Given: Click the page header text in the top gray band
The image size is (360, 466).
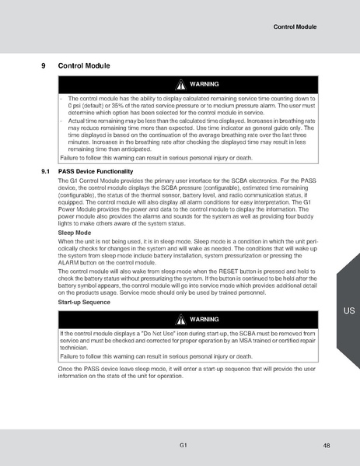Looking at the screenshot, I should tap(296, 27).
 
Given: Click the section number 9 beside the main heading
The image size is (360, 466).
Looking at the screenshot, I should tap(44, 66).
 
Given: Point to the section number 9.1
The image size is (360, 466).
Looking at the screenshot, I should tap(45, 170).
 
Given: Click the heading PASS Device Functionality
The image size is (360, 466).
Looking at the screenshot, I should tap(96, 170).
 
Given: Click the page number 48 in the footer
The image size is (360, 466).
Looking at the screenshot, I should tap(327, 444).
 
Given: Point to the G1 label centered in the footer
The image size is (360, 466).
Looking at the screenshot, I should tap(181, 444).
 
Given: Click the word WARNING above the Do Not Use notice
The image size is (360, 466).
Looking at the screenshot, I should tap(204, 320).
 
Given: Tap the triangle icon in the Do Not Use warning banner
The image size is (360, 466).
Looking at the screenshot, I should tap(180, 320).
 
